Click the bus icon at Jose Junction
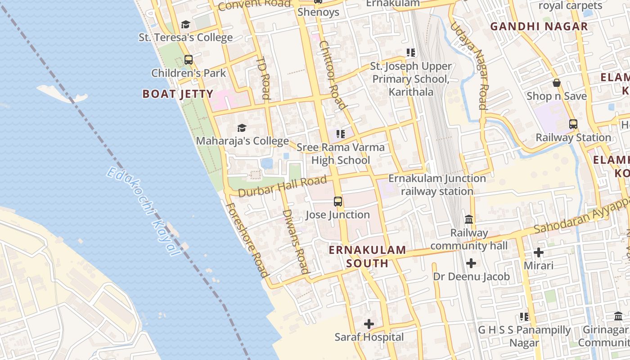click(x=338, y=202)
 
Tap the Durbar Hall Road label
click(x=282, y=187)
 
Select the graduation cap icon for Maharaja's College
click(x=242, y=128)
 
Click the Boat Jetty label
click(x=178, y=94)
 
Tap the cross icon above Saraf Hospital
click(x=369, y=324)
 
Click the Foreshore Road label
click(x=247, y=239)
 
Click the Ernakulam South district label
click(x=367, y=256)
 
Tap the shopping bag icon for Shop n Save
click(x=557, y=83)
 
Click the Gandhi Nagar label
click(x=539, y=27)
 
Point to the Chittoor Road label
click(x=333, y=75)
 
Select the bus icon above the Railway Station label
click(x=573, y=124)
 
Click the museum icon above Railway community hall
click(x=469, y=220)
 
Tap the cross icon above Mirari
click(x=539, y=252)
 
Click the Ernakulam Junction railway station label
click(x=437, y=184)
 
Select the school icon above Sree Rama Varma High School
click(x=341, y=134)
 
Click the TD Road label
click(x=263, y=77)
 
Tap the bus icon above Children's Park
click(x=189, y=60)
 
